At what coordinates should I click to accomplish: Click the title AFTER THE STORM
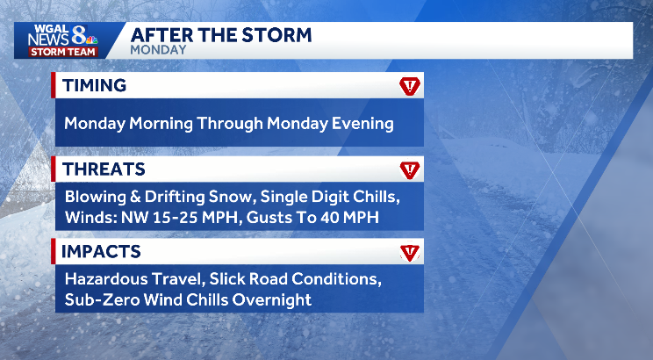point(220,35)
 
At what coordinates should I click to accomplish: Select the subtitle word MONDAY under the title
point(158,50)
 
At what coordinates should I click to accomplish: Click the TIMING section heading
point(94,85)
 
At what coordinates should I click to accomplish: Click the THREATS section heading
point(103,169)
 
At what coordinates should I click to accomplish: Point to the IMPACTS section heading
point(100,252)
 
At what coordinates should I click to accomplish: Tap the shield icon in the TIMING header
point(409,86)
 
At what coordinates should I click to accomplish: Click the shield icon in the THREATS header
point(409,169)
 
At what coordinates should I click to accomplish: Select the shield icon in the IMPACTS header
point(409,253)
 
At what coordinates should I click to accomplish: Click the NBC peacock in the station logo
point(90,40)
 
